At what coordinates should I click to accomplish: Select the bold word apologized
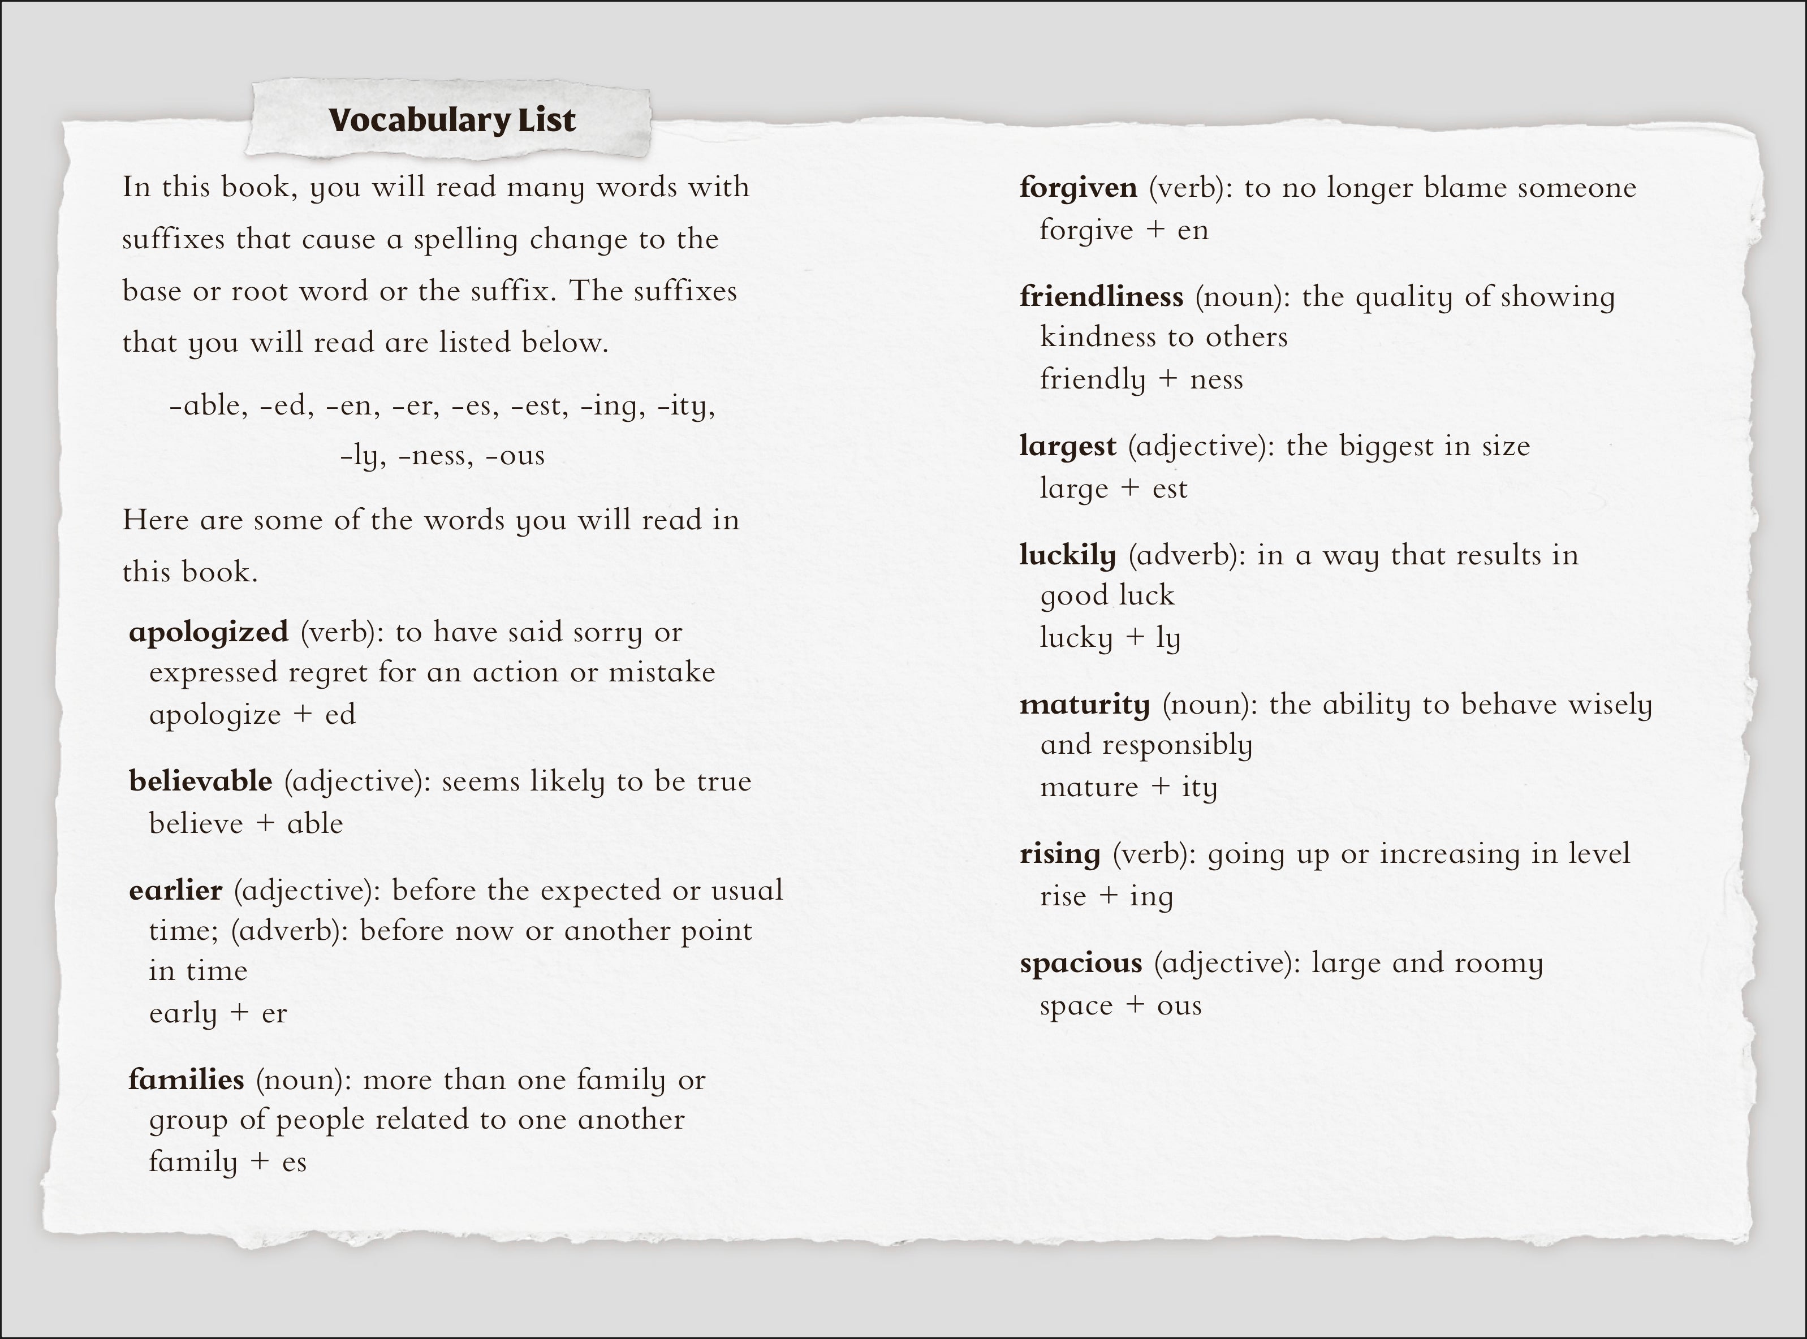tap(208, 632)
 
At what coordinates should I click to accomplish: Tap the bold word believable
tap(200, 781)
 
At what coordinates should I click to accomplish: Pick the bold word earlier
tap(175, 891)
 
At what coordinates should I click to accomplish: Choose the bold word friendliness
tap(1101, 297)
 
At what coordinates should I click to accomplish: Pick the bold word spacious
tap(1081, 964)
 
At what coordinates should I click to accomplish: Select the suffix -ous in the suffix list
tap(515, 456)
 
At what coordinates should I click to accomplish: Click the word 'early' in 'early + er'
tap(183, 1014)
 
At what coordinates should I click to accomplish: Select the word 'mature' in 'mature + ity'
tap(1089, 788)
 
